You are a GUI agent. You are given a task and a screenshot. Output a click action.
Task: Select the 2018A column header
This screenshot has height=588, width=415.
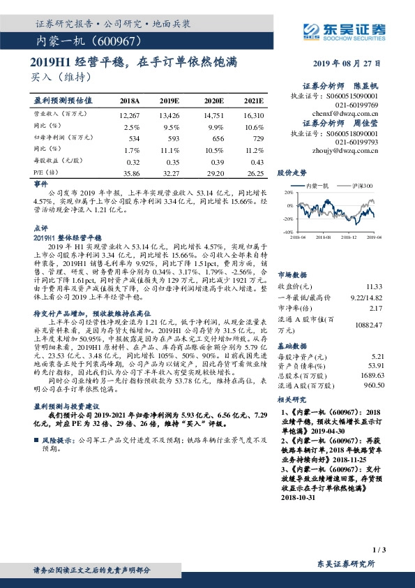130,101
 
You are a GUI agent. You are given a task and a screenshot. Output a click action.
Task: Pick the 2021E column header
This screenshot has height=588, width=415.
254,101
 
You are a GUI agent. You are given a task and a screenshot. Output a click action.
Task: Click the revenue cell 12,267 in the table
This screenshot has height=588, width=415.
130,115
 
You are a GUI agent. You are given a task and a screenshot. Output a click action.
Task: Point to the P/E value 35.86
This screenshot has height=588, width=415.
130,172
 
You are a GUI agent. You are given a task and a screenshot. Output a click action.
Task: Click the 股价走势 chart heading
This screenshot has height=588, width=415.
292,172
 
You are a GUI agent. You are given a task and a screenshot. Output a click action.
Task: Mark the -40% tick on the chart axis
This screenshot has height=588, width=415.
286,231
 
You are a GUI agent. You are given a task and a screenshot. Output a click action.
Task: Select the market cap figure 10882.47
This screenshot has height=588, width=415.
370,325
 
